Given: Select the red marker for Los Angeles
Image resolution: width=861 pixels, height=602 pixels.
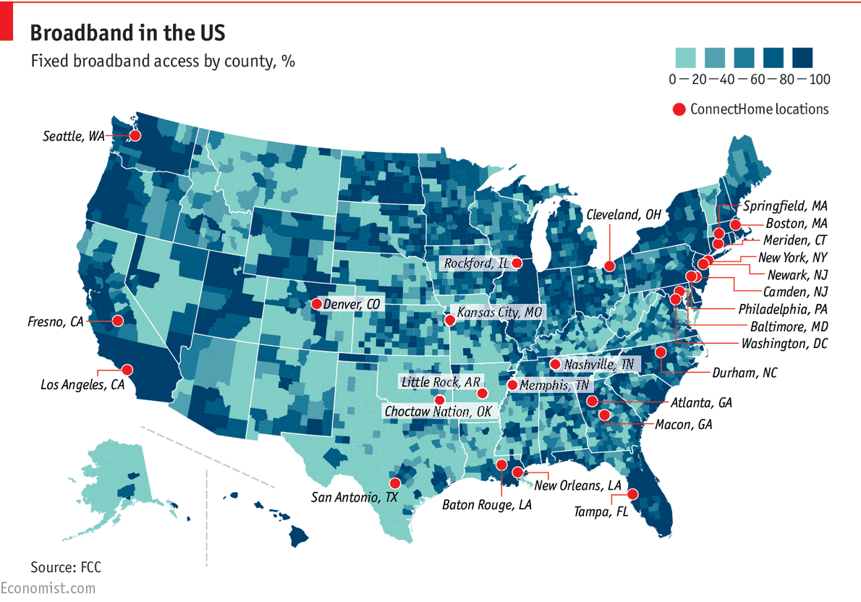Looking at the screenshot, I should coord(127,369).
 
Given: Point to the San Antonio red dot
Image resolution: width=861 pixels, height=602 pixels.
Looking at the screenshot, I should coord(395,483).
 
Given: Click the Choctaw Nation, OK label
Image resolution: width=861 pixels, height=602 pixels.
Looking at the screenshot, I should coord(438,412).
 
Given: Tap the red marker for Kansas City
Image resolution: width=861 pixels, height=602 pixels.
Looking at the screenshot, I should coord(449,319).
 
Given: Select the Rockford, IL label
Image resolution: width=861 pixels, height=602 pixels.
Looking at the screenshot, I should coord(477,263).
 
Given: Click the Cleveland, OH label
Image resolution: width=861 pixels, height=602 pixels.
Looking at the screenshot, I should coord(624,214).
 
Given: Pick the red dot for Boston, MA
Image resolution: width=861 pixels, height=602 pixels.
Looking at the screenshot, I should coord(735,225).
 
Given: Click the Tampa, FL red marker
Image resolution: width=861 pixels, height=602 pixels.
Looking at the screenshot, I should coord(633,494).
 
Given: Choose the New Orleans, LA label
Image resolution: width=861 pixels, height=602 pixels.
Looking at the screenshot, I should coord(578,485).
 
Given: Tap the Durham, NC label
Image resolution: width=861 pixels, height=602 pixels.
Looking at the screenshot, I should coord(745,373).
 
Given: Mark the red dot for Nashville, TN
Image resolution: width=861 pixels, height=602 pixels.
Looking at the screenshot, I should coord(555,364).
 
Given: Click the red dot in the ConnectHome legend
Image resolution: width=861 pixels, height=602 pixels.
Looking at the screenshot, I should coord(679,109).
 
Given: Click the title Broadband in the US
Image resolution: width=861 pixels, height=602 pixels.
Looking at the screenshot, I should coord(127,33).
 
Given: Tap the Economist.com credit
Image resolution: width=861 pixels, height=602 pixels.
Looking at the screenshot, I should coord(48,588).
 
